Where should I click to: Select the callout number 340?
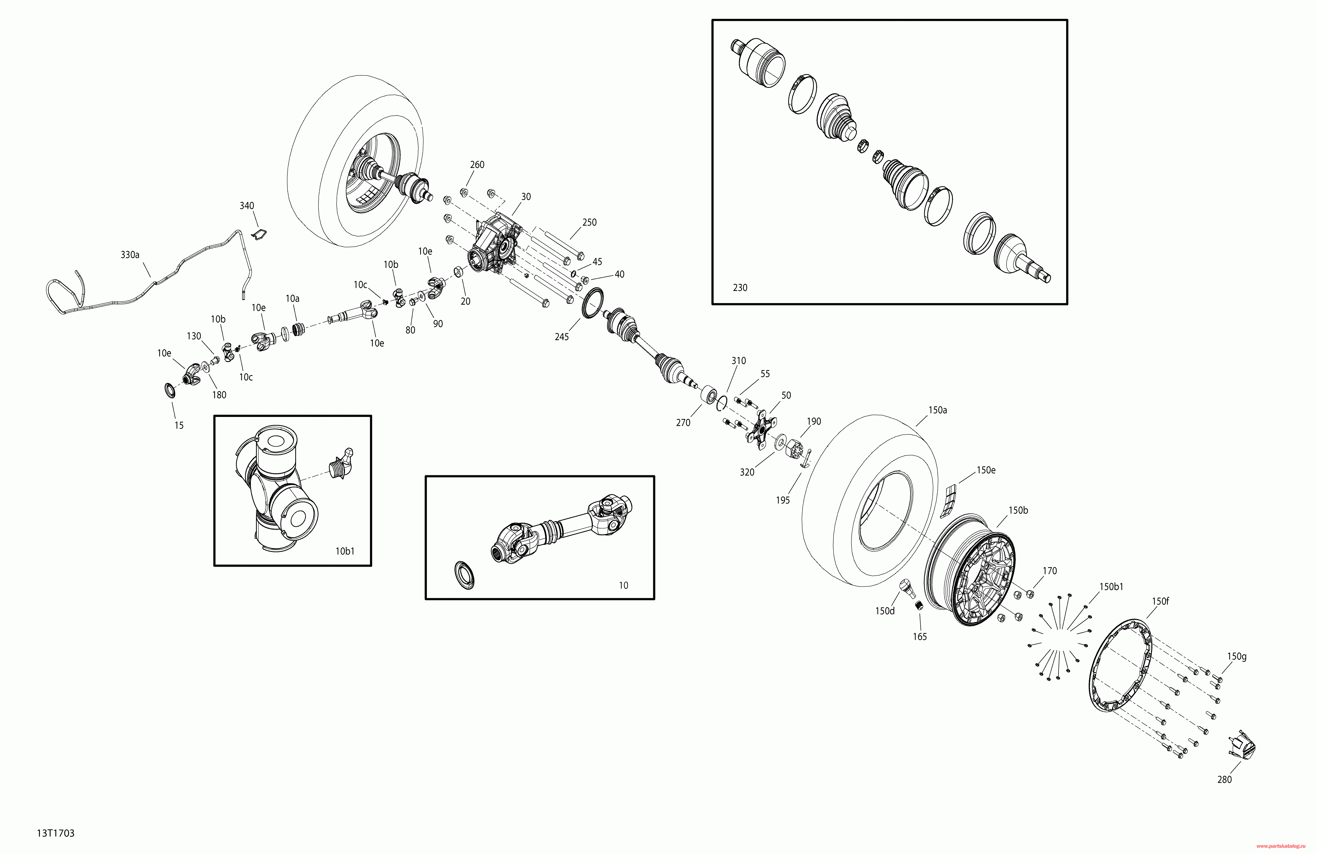tap(247, 206)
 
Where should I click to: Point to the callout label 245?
tap(562, 336)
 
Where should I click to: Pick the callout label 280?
tap(1225, 779)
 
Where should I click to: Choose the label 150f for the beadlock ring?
tap(1160, 601)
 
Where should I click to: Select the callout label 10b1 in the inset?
tap(345, 551)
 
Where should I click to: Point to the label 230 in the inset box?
tap(740, 287)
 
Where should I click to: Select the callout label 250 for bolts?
tap(589, 222)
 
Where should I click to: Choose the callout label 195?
tap(783, 500)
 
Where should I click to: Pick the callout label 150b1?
tap(1111, 587)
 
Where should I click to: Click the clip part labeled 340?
tap(258, 234)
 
